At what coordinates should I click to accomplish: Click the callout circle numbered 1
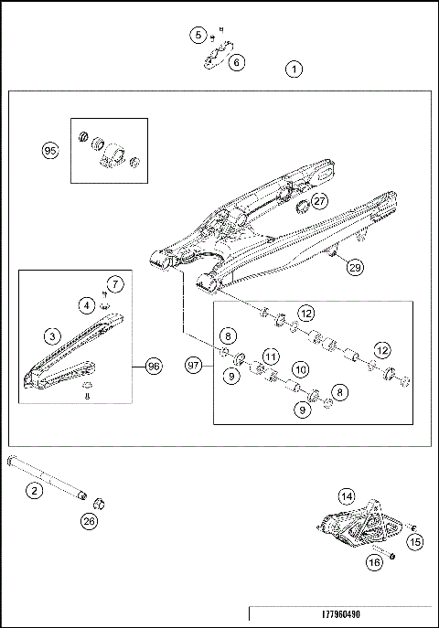(294, 69)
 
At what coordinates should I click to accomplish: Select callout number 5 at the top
(198, 35)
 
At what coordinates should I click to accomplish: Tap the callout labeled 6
(237, 62)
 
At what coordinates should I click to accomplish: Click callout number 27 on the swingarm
(318, 200)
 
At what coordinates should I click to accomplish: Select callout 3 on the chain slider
(54, 335)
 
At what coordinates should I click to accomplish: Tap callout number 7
(114, 282)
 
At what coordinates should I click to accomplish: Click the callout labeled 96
(153, 366)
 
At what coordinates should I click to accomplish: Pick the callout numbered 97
(193, 366)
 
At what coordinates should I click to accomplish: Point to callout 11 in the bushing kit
(270, 355)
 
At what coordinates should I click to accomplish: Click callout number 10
(299, 368)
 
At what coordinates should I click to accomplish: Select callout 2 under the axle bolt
(34, 491)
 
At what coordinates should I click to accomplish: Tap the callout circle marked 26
(89, 521)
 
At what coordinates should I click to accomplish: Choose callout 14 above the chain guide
(347, 496)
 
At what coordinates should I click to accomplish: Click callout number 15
(415, 542)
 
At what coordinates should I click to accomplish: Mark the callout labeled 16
(373, 563)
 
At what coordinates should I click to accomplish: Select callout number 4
(85, 304)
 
